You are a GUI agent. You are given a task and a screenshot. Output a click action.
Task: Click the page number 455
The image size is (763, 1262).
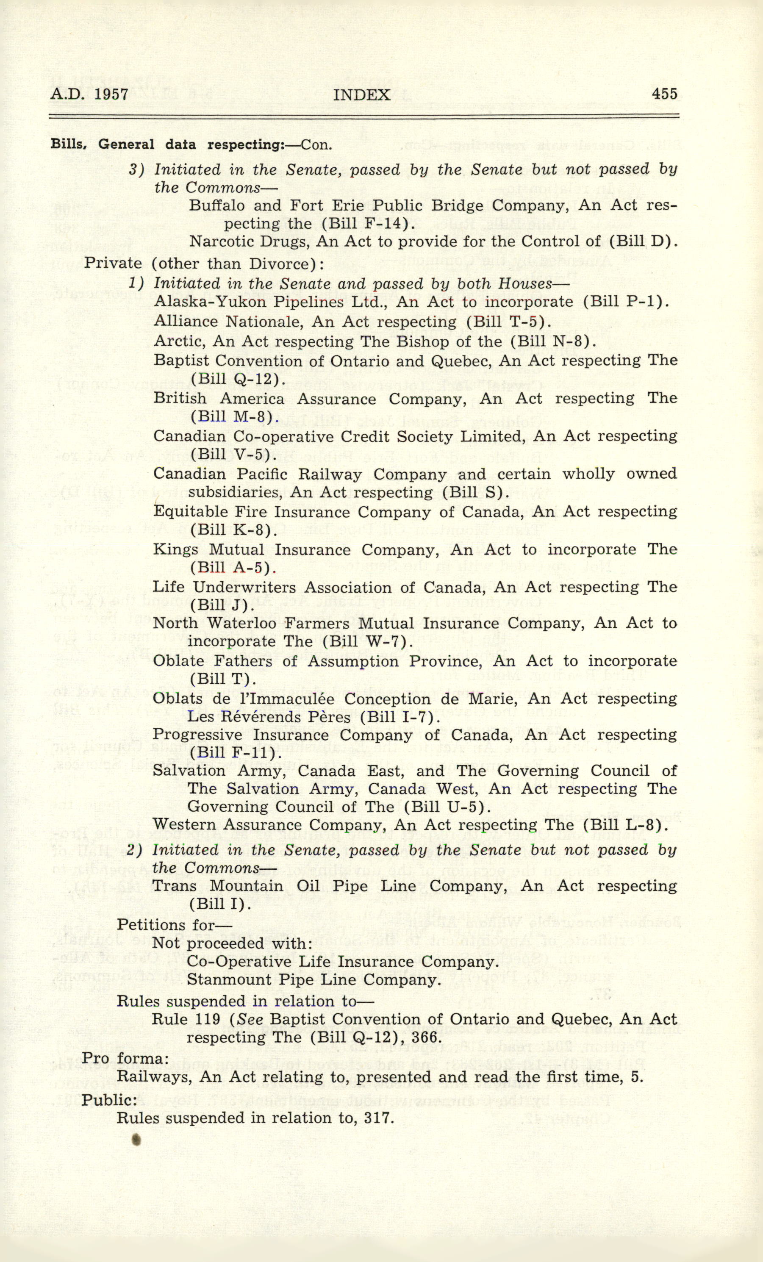[665, 93]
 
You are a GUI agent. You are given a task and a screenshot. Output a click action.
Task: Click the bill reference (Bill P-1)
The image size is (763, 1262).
[626, 302]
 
